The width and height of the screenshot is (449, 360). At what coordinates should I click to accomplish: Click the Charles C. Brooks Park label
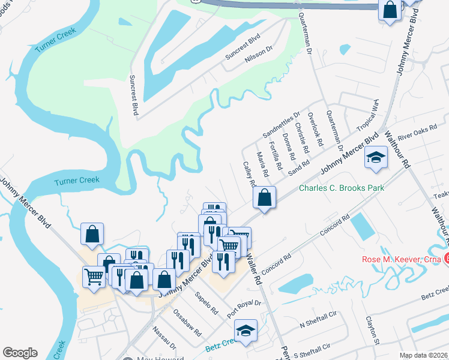click(x=342, y=188)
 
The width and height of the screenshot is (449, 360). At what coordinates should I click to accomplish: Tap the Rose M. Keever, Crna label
click(x=402, y=260)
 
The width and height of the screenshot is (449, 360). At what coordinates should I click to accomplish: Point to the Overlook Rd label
click(x=315, y=129)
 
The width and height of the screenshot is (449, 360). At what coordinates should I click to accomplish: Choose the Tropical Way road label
click(x=368, y=116)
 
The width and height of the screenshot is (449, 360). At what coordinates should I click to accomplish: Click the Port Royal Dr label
click(x=245, y=309)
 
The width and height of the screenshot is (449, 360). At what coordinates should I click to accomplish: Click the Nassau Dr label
click(x=164, y=338)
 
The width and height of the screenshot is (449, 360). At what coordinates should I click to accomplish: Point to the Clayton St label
click(x=370, y=331)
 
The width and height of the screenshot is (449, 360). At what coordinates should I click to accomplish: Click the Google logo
click(x=20, y=353)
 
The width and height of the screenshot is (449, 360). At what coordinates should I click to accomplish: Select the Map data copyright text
click(x=424, y=355)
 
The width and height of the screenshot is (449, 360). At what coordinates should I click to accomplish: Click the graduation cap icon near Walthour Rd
click(x=376, y=158)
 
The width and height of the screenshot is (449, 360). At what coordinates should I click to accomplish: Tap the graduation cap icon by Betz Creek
click(x=246, y=331)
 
